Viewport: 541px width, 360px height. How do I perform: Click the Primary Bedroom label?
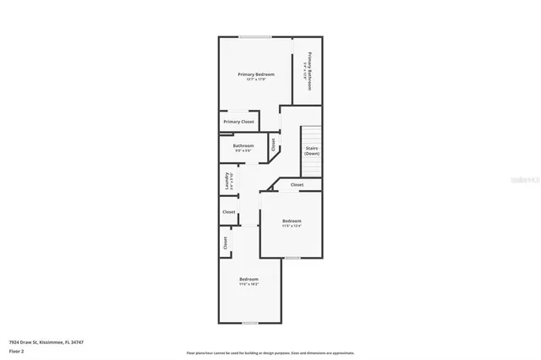[255, 74]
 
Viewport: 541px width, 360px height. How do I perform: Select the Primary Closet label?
[238, 122]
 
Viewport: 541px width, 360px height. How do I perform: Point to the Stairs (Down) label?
[312, 150]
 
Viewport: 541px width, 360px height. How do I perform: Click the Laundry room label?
[227, 181]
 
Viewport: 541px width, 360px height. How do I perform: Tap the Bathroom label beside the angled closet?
[243, 145]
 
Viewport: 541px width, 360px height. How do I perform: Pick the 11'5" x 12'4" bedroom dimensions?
[291, 226]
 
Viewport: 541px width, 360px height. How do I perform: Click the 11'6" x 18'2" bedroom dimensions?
[249, 285]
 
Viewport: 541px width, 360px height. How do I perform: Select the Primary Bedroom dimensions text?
[255, 79]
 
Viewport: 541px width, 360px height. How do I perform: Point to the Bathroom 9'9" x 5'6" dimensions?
[243, 150]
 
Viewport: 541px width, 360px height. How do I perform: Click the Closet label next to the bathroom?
[274, 145]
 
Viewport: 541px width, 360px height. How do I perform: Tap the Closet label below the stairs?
[297, 184]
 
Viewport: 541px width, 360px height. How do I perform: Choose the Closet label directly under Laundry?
[228, 212]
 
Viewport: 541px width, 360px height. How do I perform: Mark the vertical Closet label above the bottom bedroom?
[225, 243]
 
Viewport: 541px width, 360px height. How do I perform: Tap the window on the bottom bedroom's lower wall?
[249, 322]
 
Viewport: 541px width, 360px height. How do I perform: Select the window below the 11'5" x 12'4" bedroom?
[292, 257]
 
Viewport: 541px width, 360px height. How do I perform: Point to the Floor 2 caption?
[16, 351]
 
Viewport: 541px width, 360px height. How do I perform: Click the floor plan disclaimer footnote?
[270, 352]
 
